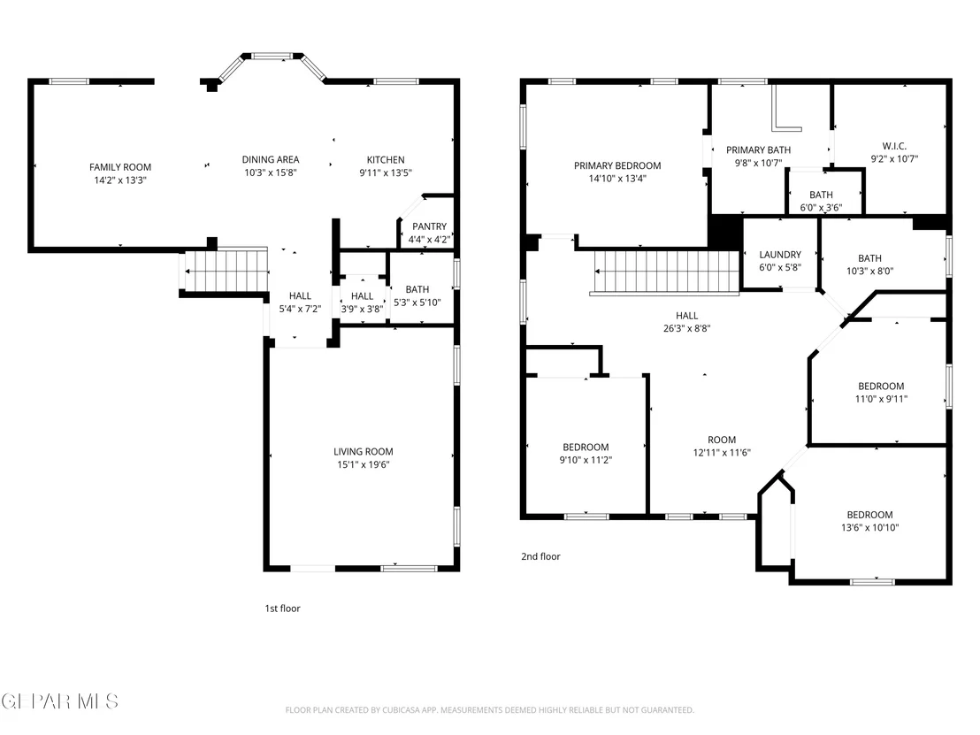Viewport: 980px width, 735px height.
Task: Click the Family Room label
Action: tap(120, 167)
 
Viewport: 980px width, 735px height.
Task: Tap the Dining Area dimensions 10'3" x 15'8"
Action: tap(271, 172)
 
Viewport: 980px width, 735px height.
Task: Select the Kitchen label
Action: tap(386, 159)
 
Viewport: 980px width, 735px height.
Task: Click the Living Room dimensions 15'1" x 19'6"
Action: tap(364, 464)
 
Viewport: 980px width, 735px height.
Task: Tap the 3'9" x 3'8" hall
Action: tap(362, 299)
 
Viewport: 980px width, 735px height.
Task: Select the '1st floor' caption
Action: tap(282, 609)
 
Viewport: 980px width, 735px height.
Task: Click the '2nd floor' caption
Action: tap(540, 556)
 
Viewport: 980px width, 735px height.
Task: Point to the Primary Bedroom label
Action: tap(617, 165)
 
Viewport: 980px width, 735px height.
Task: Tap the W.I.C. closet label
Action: tap(894, 146)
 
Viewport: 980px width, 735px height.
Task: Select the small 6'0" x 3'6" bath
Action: tap(824, 192)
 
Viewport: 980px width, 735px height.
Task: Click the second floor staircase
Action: tap(665, 272)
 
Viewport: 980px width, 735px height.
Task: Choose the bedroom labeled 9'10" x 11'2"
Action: tap(586, 446)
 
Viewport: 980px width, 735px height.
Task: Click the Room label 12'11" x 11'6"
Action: tap(722, 440)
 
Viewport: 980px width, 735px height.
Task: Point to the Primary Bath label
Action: tap(758, 150)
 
